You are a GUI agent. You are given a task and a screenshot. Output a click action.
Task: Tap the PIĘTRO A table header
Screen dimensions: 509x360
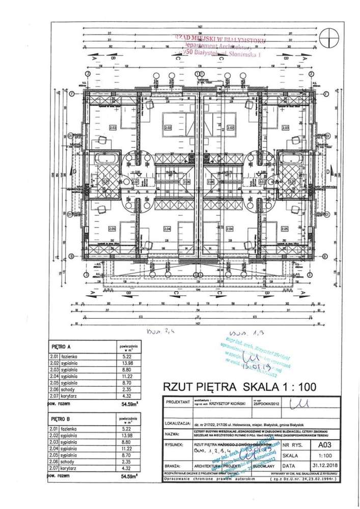[x=63, y=346]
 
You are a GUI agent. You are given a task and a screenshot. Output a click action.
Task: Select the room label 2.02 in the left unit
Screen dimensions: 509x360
[x=173, y=128]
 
